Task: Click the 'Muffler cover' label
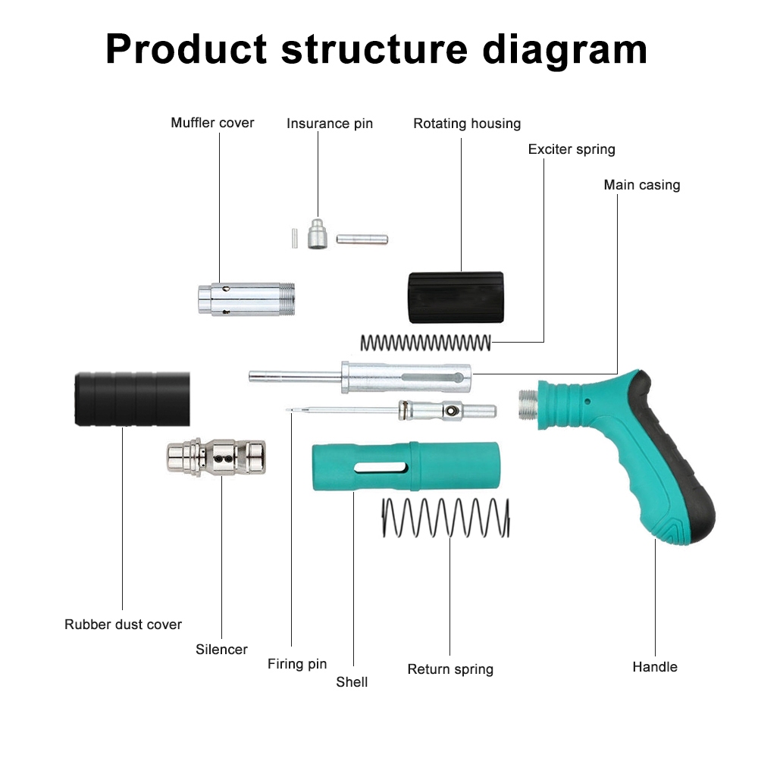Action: tap(212, 123)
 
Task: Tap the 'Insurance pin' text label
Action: tap(330, 124)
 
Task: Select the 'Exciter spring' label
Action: tap(572, 149)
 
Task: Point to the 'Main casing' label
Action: tap(642, 185)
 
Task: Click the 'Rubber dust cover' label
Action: tap(123, 625)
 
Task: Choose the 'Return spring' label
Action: tap(450, 669)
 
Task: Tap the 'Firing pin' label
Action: tap(297, 664)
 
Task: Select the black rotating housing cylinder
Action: tap(455, 297)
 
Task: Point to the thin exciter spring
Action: tap(425, 343)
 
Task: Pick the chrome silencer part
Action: tap(216, 457)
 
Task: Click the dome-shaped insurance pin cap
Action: tap(318, 234)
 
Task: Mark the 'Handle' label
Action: tap(655, 667)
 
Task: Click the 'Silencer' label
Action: tap(221, 650)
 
